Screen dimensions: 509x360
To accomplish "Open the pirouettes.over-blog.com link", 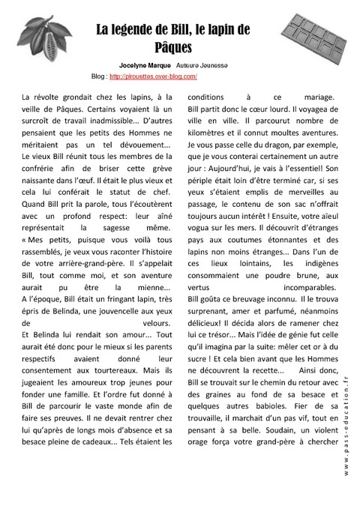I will (153, 76).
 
